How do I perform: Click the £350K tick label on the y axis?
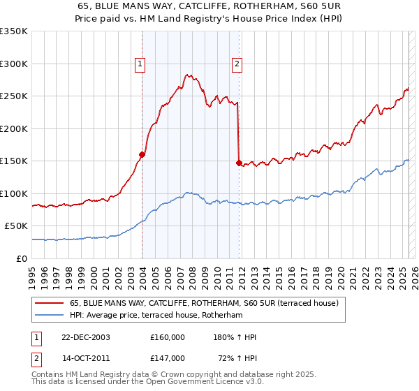point(14,31)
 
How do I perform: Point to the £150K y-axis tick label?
point(14,161)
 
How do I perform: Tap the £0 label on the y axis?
point(22,258)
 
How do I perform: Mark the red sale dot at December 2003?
point(142,154)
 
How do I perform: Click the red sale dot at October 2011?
point(239,163)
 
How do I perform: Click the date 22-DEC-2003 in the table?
point(86,337)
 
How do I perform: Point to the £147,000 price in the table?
point(167,357)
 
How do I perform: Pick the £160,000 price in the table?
point(167,337)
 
